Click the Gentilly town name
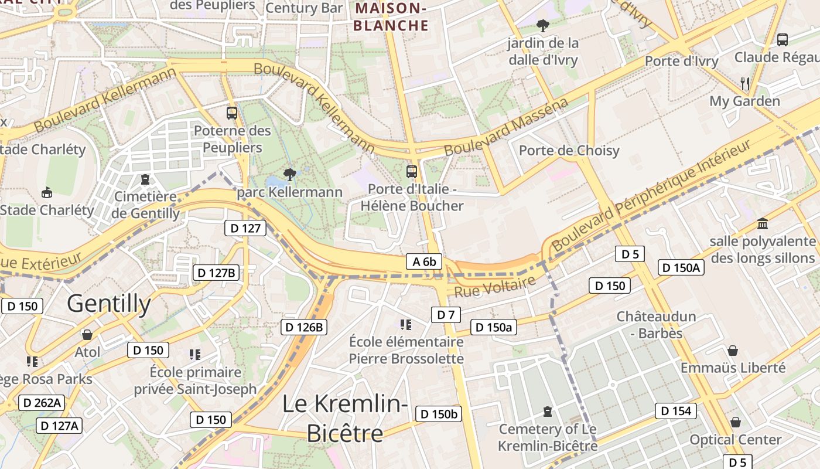click(109, 304)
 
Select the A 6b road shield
click(424, 261)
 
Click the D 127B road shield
click(216, 273)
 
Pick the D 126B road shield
click(303, 327)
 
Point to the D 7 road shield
click(446, 315)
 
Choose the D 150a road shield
click(493, 327)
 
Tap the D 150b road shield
click(439, 414)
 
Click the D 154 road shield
click(676, 411)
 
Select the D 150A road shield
click(681, 267)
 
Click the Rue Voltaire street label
click(495, 286)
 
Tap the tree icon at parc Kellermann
click(289, 174)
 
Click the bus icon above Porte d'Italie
click(412, 171)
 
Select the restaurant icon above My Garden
click(744, 83)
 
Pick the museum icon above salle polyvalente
click(762, 223)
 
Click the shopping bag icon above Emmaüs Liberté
click(732, 351)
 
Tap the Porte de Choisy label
click(569, 151)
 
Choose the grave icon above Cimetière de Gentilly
click(145, 179)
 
